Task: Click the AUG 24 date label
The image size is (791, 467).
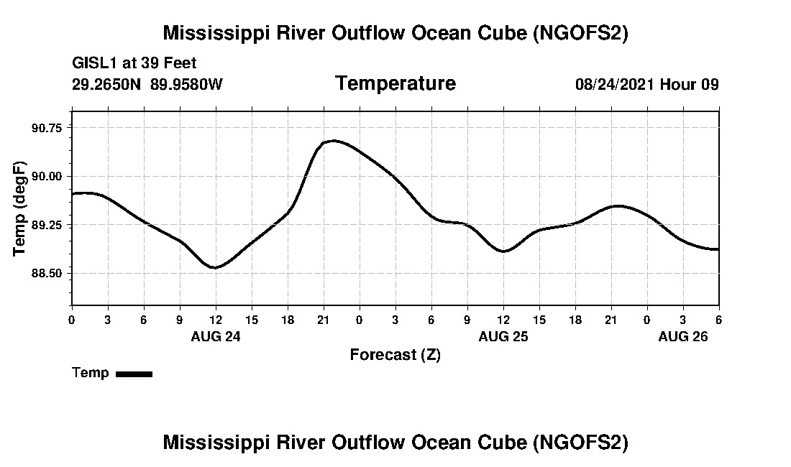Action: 216,336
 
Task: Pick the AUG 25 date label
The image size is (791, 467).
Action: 503,336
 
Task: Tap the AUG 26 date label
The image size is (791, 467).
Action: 683,336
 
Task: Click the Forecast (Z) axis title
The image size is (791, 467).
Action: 395,354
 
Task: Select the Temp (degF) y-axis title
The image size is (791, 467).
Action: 19,208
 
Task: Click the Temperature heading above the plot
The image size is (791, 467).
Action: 395,84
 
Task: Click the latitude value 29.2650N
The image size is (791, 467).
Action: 108,85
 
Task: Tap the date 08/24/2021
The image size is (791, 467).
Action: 615,85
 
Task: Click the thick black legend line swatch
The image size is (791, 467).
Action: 134,374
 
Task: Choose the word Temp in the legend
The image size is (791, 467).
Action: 91,373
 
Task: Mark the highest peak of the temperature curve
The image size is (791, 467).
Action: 334,141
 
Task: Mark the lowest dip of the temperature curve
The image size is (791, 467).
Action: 214,267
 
